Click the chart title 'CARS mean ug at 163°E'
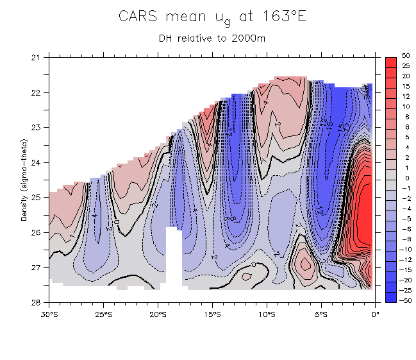pyautogui.click(x=212, y=17)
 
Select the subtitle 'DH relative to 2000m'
pyautogui.click(x=212, y=38)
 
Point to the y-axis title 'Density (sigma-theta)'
pyautogui.click(x=24, y=180)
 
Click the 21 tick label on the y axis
pyautogui.click(x=36, y=58)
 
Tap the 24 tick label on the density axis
pyautogui.click(x=36, y=162)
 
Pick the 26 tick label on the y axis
pyautogui.click(x=36, y=232)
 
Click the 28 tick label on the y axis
pyautogui.click(x=36, y=302)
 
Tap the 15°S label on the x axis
pyautogui.click(x=212, y=314)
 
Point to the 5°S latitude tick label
pyautogui.click(x=321, y=314)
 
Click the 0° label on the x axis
pyautogui.click(x=375, y=314)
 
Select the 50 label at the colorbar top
pyautogui.click(x=406, y=56)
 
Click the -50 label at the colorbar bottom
pyautogui.click(x=406, y=300)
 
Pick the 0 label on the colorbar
pyautogui.click(x=406, y=178)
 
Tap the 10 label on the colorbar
pyautogui.click(x=406, y=107)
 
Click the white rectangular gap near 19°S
pyautogui.click(x=174, y=257)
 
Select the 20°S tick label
pyautogui.click(x=158, y=314)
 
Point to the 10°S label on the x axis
pyautogui.click(x=267, y=314)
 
